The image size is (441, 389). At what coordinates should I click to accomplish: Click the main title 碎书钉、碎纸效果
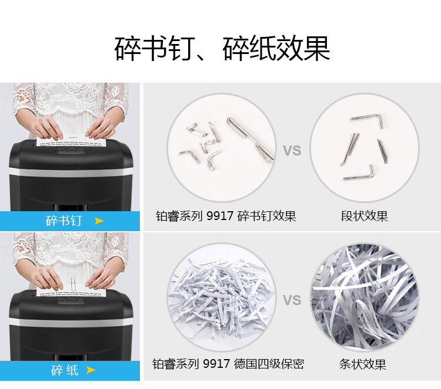(222, 49)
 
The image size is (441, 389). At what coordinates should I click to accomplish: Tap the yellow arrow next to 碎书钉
(99, 221)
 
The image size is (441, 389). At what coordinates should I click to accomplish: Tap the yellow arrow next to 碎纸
(91, 370)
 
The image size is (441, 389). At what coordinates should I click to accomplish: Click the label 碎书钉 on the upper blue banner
(64, 221)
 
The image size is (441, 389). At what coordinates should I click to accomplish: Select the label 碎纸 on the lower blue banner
(65, 370)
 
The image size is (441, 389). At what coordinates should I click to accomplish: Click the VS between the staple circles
(292, 151)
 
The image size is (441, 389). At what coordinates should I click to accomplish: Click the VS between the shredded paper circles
(292, 300)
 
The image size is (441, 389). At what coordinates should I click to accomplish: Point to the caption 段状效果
(364, 216)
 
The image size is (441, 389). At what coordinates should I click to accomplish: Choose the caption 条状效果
(363, 364)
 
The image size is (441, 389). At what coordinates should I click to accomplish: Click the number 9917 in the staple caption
(220, 216)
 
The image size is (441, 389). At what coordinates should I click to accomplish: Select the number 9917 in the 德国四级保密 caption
(216, 364)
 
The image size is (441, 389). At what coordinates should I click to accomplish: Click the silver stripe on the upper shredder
(71, 172)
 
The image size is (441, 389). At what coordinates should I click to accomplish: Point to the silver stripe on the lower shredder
(71, 322)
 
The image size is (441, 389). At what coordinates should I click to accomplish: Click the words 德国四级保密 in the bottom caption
(269, 364)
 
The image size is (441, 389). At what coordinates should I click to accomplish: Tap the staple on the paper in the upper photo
(73, 137)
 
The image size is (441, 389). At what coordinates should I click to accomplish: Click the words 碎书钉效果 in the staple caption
(266, 216)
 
